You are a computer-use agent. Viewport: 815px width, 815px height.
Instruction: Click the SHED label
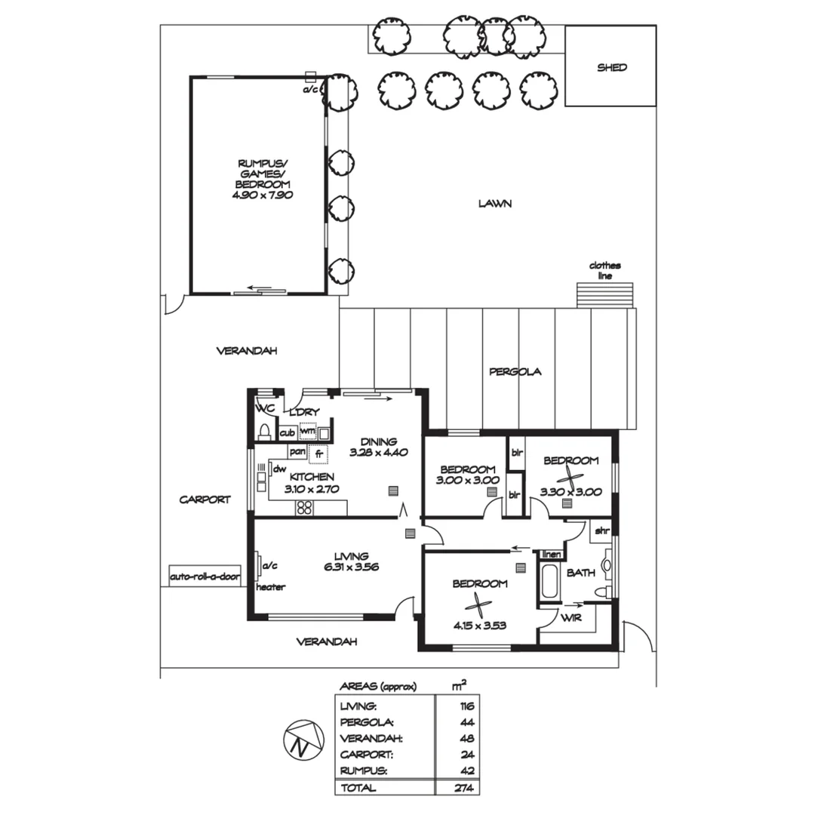coord(612,67)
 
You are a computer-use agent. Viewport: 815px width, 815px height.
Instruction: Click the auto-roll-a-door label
coord(205,577)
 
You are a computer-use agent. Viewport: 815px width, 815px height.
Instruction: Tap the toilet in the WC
coord(264,432)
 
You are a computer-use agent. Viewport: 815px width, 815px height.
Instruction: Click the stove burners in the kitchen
coord(305,507)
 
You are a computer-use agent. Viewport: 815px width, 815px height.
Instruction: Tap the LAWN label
coord(495,204)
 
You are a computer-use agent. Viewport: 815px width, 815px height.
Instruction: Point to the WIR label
coord(570,617)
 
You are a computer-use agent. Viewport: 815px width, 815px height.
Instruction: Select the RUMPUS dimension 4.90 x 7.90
coord(263,195)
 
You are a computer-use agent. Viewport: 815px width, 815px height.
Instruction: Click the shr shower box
coord(601,531)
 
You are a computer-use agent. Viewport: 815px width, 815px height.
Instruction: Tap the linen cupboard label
coord(552,555)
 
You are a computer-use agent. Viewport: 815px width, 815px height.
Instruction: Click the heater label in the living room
coord(270,587)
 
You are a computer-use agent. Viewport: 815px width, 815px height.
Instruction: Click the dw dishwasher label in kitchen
coord(280,469)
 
